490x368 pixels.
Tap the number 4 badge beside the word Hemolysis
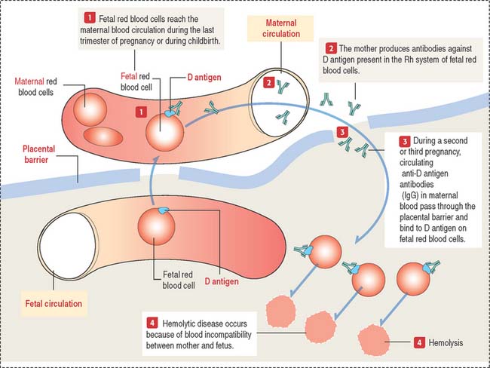pyautogui.click(x=419, y=342)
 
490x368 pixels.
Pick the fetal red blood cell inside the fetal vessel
pyautogui.click(x=155, y=228)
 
